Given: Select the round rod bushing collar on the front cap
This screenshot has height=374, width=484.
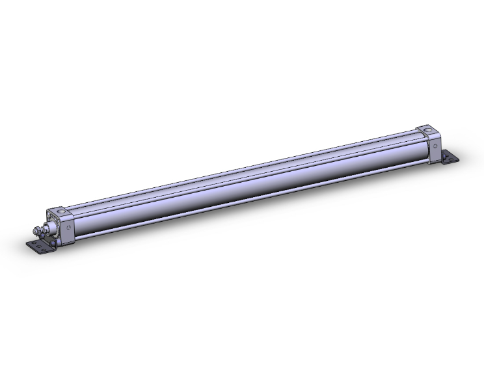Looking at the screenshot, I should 51,227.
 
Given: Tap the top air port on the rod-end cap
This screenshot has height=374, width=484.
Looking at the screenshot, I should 61,211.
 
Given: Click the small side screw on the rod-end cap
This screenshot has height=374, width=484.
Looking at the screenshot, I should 68,227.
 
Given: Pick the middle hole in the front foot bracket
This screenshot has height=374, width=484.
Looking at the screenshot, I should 39,247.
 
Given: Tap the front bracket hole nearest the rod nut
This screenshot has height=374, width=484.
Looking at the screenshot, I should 34,243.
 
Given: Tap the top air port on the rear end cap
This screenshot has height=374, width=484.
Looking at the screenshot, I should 427,130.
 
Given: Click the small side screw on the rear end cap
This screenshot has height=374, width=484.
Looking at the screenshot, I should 435,146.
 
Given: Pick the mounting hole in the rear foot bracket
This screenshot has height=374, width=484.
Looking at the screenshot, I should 451,159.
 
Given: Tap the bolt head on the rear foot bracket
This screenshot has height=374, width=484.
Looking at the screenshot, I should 445,155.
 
